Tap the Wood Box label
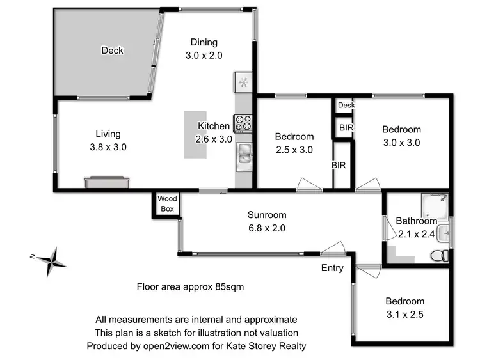pos(168,203)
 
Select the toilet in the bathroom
pos(438,255)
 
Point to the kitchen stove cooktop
pos(243,122)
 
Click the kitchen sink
pos(244,151)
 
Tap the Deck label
pos(112,51)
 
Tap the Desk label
pos(346,106)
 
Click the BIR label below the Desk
pos(346,128)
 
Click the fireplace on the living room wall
pos(108,183)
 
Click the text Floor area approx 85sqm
pos(190,287)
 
